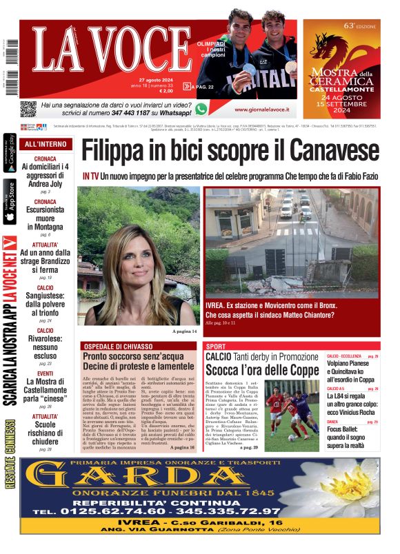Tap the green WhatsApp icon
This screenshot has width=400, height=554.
[x=201, y=109]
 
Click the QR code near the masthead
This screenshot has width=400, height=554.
[x=28, y=109]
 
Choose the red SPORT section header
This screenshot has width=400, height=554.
[x=216, y=346]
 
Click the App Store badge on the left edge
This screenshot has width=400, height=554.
[x=10, y=201]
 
